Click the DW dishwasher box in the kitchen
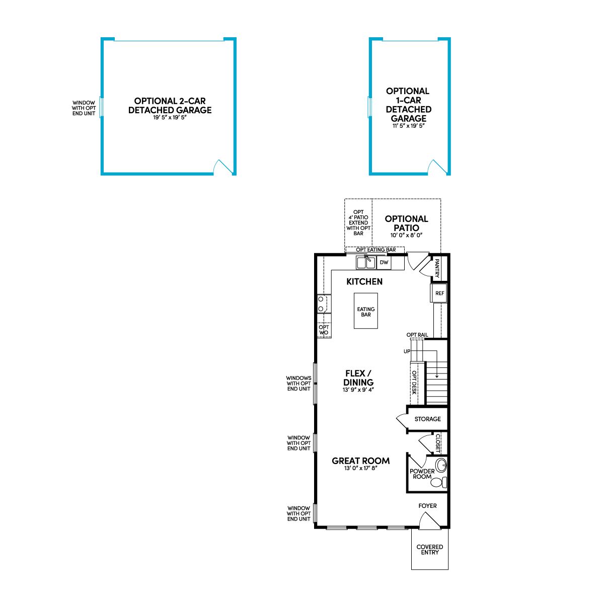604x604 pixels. tap(384, 262)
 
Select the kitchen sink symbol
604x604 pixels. tap(366, 262)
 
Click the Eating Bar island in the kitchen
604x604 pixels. tap(366, 311)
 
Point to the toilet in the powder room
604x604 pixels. tap(439, 482)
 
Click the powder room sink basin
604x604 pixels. tap(441, 465)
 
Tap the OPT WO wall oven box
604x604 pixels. tap(324, 330)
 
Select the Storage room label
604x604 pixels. tap(427, 419)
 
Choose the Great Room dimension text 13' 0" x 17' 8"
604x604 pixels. tap(360, 468)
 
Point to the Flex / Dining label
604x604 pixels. tap(358, 377)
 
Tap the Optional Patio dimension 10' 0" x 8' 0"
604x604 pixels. tap(406, 235)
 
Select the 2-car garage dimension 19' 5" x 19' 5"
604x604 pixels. tap(170, 118)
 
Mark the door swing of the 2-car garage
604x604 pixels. tap(222, 166)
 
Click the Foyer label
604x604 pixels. tap(427, 506)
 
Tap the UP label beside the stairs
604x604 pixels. tap(407, 351)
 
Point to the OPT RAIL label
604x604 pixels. tap(417, 335)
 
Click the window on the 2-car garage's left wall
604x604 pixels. tap(101, 107)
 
